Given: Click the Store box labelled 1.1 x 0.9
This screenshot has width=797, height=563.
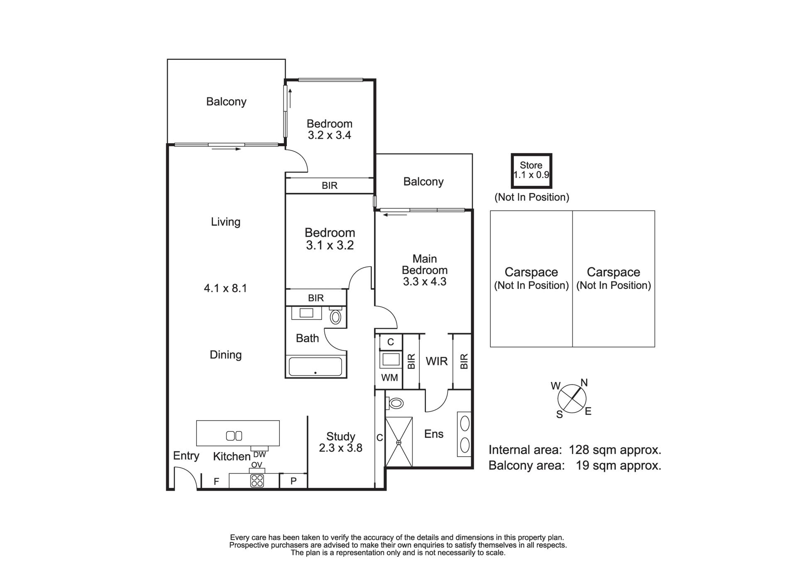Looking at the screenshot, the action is (531, 171).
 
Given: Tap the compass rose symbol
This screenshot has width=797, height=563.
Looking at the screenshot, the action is (572, 398).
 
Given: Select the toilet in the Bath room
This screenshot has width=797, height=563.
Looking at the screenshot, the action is (335, 316).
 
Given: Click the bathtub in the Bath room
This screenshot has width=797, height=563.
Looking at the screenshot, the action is (315, 367).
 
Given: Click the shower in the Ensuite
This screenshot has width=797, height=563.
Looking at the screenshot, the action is (399, 442).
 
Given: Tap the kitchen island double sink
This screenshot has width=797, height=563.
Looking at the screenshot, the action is (234, 436).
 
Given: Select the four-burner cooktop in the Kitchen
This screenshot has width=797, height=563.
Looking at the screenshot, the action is (257, 481).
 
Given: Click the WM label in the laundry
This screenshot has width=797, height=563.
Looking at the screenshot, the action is (389, 377).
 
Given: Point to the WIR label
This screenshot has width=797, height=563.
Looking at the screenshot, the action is (437, 361).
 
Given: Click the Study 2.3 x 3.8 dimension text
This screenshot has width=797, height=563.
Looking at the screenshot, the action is (341, 448).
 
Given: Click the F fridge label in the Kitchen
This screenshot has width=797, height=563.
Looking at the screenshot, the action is (216, 482).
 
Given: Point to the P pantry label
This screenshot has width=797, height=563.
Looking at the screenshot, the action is (293, 481).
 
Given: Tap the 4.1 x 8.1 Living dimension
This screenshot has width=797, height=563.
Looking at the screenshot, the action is (225, 288).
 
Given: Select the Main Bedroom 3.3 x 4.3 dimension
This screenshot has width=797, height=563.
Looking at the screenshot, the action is (425, 281).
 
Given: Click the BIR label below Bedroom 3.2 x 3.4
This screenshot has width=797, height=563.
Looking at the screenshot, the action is (330, 186).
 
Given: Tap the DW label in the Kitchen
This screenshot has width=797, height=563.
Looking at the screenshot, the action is (259, 455).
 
